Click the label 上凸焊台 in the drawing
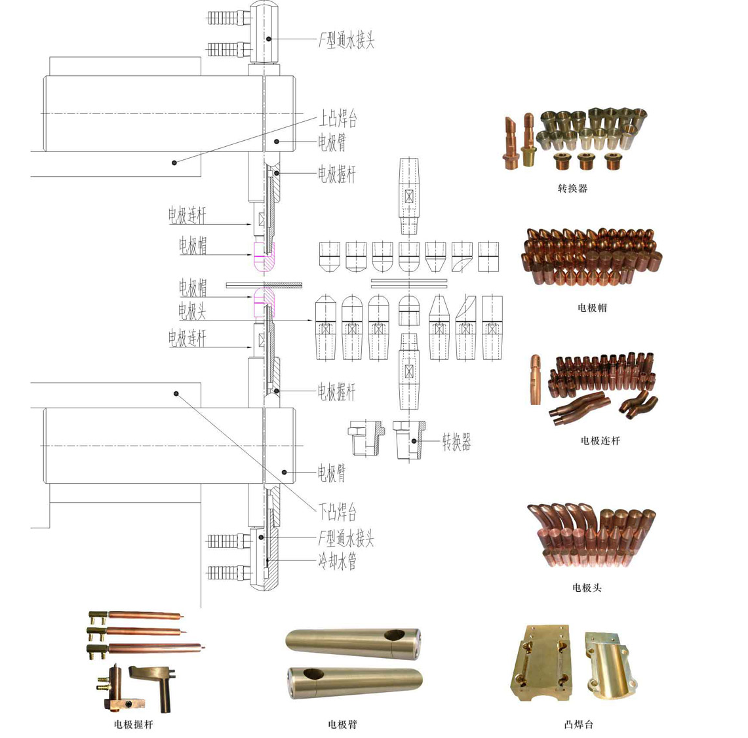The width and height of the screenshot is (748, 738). [338, 119]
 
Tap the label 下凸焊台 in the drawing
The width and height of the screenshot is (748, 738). [338, 511]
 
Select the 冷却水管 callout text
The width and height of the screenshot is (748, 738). [338, 561]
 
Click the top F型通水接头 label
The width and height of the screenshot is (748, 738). [346, 41]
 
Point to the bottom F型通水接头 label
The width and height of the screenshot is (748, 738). [346, 539]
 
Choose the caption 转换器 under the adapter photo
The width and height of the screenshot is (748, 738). [572, 189]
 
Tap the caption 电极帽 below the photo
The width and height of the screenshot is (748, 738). [592, 307]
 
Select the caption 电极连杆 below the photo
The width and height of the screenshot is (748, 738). [600, 441]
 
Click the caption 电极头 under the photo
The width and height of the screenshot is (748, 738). [587, 588]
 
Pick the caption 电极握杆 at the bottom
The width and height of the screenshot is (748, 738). [133, 724]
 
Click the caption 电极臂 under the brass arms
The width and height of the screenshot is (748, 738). [342, 724]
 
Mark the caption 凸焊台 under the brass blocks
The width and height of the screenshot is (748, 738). [578, 724]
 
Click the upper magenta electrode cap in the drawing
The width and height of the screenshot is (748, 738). [264, 257]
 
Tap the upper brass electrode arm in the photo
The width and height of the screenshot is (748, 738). [353, 640]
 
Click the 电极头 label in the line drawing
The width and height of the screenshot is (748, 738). [192, 311]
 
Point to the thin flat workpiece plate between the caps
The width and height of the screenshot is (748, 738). [264, 284]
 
